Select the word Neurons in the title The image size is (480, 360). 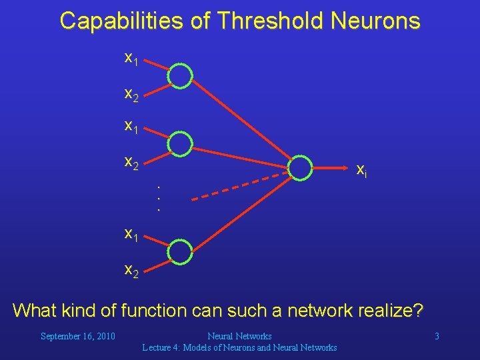pyautogui.click(x=377, y=21)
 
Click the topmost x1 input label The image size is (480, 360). pyautogui.click(x=131, y=59)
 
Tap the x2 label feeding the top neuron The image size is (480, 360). pyautogui.click(x=131, y=95)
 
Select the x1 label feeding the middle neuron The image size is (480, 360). pyautogui.click(x=131, y=125)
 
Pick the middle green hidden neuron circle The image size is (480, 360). pyautogui.click(x=179, y=143)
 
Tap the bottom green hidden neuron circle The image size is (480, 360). pyautogui.click(x=179, y=251)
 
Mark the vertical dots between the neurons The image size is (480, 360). pyautogui.click(x=159, y=198)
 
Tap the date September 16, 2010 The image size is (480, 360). pyautogui.click(x=78, y=336)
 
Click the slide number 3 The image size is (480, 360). pyautogui.click(x=437, y=336)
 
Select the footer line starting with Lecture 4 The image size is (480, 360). pyautogui.click(x=239, y=347)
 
